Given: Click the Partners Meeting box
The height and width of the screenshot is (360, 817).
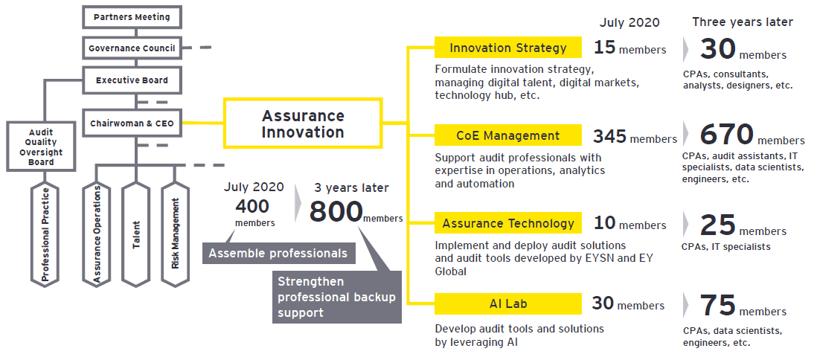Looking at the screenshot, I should [x=132, y=16].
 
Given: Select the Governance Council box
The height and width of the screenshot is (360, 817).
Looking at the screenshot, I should [x=132, y=48].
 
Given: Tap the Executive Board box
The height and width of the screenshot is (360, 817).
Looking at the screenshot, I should [x=132, y=80].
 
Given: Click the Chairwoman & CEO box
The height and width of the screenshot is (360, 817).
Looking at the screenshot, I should [x=132, y=123].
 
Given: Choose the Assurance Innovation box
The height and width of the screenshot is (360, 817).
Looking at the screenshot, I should [x=303, y=124].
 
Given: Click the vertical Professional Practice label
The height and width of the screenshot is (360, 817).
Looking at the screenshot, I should [x=46, y=234].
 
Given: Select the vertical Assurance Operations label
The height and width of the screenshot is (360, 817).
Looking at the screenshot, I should [x=97, y=234].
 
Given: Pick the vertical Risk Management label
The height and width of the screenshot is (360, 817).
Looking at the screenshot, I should [x=176, y=234].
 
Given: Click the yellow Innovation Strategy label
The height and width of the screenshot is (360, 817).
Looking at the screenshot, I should [x=507, y=48].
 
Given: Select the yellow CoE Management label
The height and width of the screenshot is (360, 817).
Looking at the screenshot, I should [x=507, y=135].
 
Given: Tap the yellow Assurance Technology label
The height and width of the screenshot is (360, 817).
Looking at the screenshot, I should [x=507, y=223].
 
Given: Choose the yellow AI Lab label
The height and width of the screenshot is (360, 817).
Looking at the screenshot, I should [x=507, y=303].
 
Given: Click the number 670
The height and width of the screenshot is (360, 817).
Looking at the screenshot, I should [x=728, y=135].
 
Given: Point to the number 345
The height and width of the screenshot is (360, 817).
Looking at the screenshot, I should [x=609, y=136].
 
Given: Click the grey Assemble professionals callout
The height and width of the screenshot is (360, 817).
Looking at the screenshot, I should [x=278, y=253].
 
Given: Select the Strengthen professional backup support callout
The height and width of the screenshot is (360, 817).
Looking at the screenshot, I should [x=336, y=297].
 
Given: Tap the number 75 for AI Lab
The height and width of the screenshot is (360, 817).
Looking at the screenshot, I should [x=717, y=306].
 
